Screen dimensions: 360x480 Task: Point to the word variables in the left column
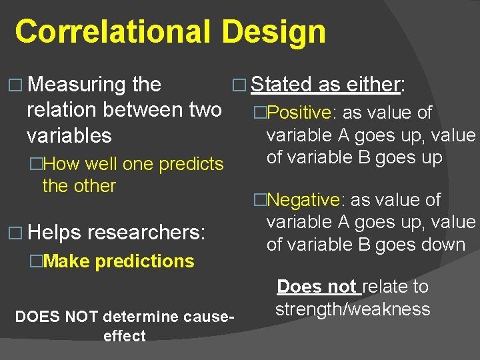pyautogui.click(x=69, y=135)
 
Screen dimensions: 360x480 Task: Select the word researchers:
pyautogui.click(x=147, y=233)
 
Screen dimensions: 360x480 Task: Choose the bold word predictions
pyautogui.click(x=145, y=261)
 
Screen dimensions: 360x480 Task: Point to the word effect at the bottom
pyautogui.click(x=125, y=335)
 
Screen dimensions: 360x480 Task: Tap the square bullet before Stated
pyautogui.click(x=240, y=85)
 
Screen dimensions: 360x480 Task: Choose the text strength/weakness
pyautogui.click(x=353, y=309)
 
